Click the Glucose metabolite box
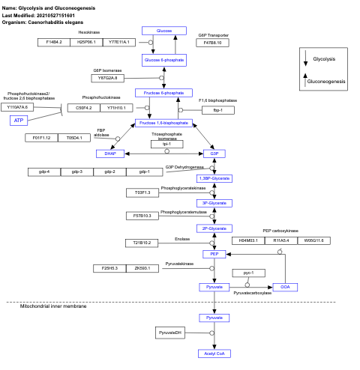[x=163, y=31]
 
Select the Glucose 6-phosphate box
[x=163, y=58]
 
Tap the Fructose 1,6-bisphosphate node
[x=163, y=122]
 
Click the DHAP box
[x=109, y=153]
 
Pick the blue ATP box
[x=19, y=120]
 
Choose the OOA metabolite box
[x=285, y=287]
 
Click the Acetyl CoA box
[x=214, y=353]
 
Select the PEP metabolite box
[x=214, y=254]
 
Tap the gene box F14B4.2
[x=54, y=42]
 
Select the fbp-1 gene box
[x=218, y=110]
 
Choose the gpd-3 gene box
[x=77, y=172]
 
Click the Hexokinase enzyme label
[x=88, y=32]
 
